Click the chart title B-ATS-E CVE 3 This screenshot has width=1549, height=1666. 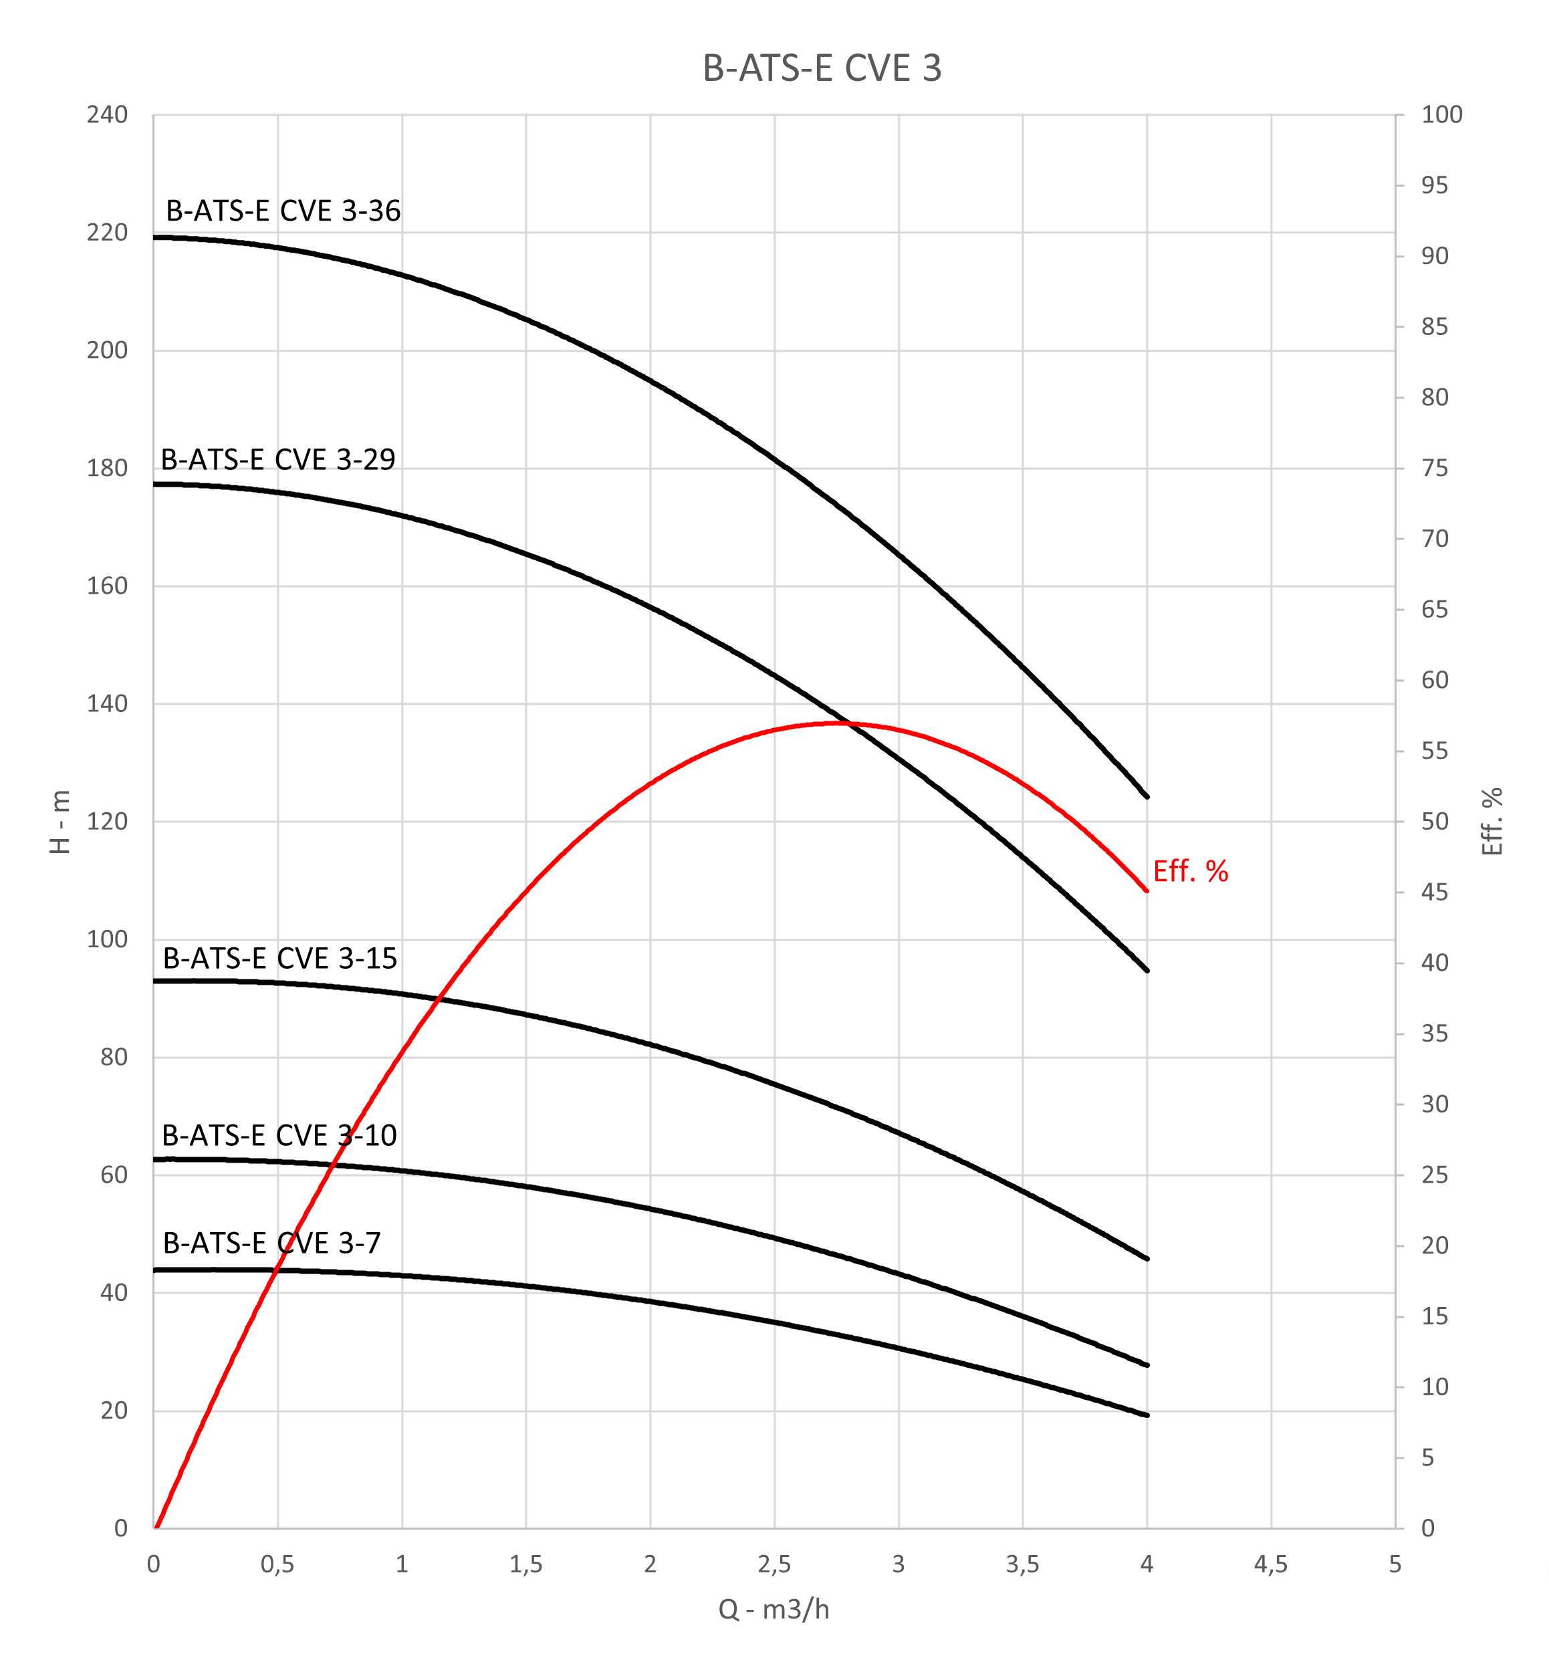[x=822, y=69]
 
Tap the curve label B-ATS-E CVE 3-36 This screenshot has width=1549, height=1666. [x=283, y=211]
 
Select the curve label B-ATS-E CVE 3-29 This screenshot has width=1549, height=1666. [x=277, y=460]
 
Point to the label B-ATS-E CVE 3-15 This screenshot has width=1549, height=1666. [x=279, y=959]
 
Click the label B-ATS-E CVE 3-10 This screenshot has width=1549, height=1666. [x=279, y=1136]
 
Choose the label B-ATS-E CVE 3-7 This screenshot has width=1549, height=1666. [x=271, y=1243]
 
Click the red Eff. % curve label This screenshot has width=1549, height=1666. [x=1190, y=872]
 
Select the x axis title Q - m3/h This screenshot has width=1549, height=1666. [x=773, y=1609]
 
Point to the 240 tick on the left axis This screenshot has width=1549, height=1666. [x=107, y=115]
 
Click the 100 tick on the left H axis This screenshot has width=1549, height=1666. [x=107, y=939]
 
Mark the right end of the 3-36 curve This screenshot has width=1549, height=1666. [x=1147, y=797]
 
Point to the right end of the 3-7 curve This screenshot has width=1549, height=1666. [x=1147, y=1415]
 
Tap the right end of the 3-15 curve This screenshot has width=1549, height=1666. [x=1147, y=1259]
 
